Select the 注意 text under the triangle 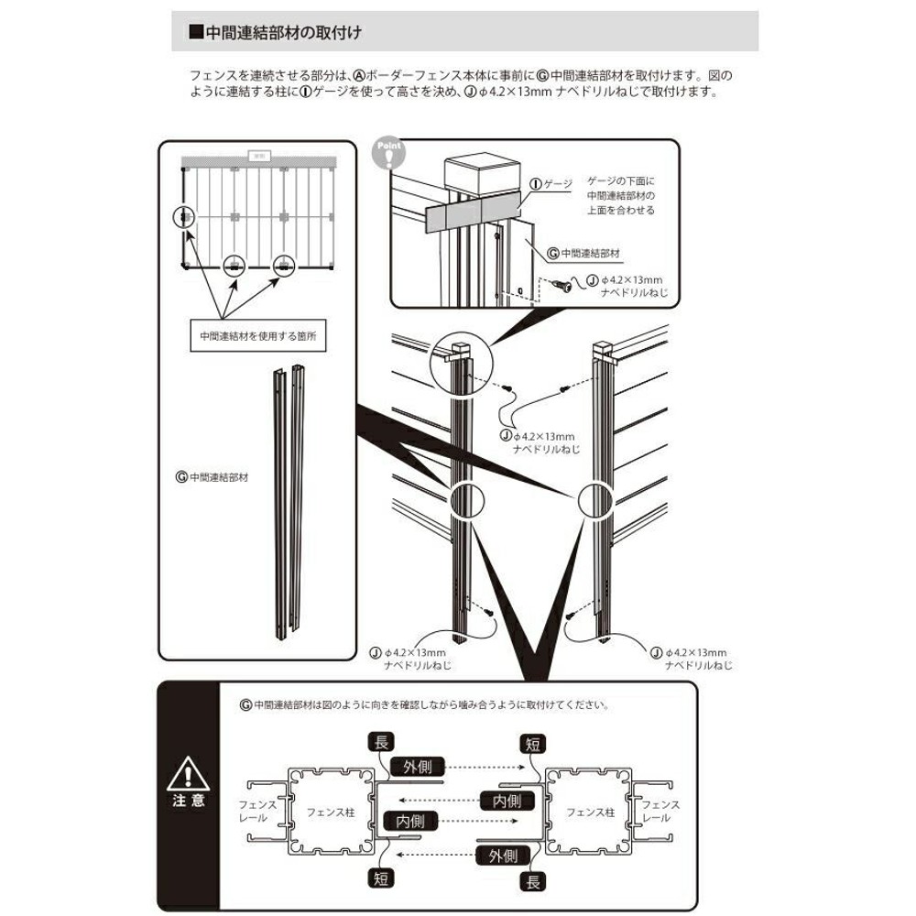point(187,801)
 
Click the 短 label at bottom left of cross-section point(380,877)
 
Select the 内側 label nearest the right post point(507,801)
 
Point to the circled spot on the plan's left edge point(185,218)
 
